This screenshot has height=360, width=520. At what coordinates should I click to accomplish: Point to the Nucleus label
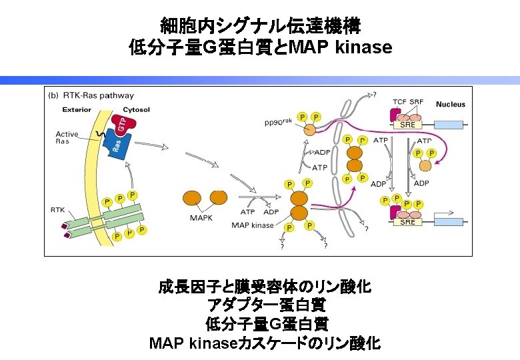click(x=451, y=104)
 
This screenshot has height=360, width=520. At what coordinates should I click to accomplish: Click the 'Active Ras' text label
click(x=67, y=137)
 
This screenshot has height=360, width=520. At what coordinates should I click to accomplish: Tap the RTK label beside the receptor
click(x=58, y=209)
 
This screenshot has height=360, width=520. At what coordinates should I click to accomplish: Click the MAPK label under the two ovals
click(x=201, y=217)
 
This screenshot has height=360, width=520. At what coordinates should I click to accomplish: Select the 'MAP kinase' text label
click(x=253, y=225)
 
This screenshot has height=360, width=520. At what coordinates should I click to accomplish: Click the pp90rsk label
click(x=279, y=122)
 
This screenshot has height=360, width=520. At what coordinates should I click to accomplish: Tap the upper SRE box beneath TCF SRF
click(x=407, y=125)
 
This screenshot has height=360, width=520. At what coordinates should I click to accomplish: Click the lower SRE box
click(x=407, y=223)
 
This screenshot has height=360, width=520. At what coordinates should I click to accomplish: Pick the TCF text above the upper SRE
click(x=400, y=101)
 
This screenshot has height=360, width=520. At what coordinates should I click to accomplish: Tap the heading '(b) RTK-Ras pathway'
click(x=91, y=95)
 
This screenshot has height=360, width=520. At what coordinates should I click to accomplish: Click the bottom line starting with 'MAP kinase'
click(x=265, y=344)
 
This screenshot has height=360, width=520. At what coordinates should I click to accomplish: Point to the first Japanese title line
click(x=260, y=27)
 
